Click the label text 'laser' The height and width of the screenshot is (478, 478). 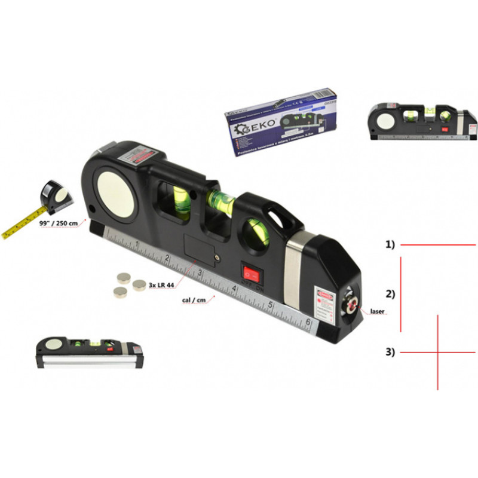coord(377,311)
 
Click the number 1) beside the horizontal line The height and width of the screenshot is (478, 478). coord(390,245)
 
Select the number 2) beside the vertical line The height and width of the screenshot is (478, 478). coord(390,294)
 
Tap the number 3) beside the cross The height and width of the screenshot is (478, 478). coord(390,352)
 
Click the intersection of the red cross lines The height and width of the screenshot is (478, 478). coord(438,353)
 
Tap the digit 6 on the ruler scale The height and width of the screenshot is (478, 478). coord(308,323)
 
